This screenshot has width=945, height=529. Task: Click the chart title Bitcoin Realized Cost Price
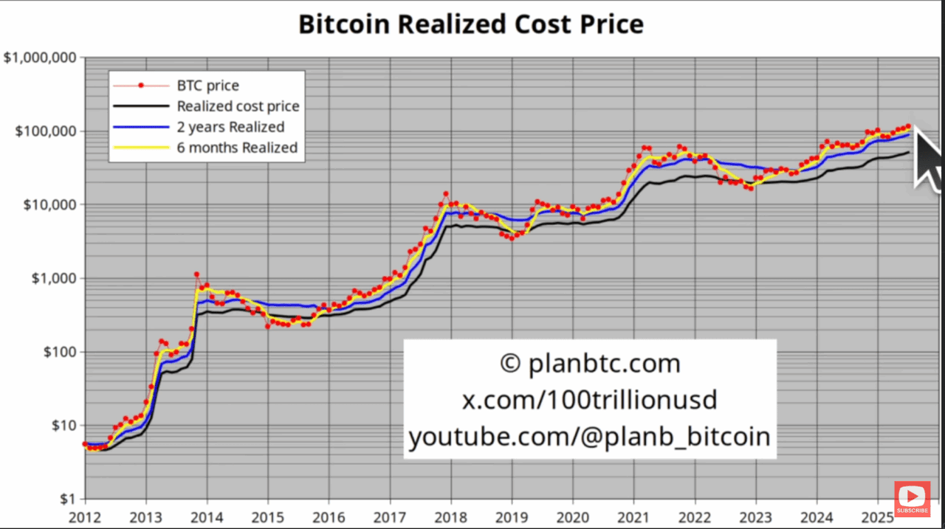click(x=471, y=24)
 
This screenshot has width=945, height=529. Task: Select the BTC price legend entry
click(x=207, y=86)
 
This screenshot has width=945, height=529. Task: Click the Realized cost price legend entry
click(x=238, y=106)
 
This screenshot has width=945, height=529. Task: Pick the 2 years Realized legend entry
click(x=230, y=127)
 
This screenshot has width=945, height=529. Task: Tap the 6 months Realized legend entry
click(x=237, y=148)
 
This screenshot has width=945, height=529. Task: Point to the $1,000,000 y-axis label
click(x=41, y=58)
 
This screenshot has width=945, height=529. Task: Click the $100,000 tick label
click(x=45, y=131)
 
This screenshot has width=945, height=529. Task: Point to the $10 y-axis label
click(x=61, y=426)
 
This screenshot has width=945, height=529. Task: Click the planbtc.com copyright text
click(x=589, y=364)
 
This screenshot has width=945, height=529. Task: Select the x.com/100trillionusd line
click(x=589, y=400)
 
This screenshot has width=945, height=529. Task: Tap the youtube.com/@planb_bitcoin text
click(x=589, y=437)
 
